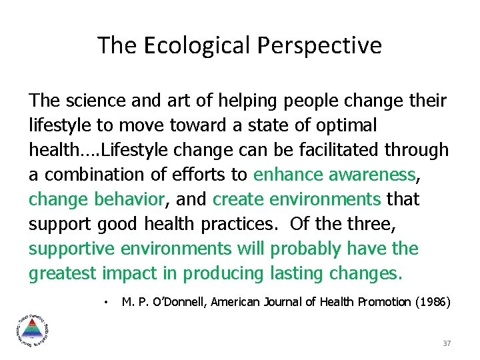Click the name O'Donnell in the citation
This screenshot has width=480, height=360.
[x=176, y=303]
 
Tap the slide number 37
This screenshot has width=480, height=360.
[x=447, y=343]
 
